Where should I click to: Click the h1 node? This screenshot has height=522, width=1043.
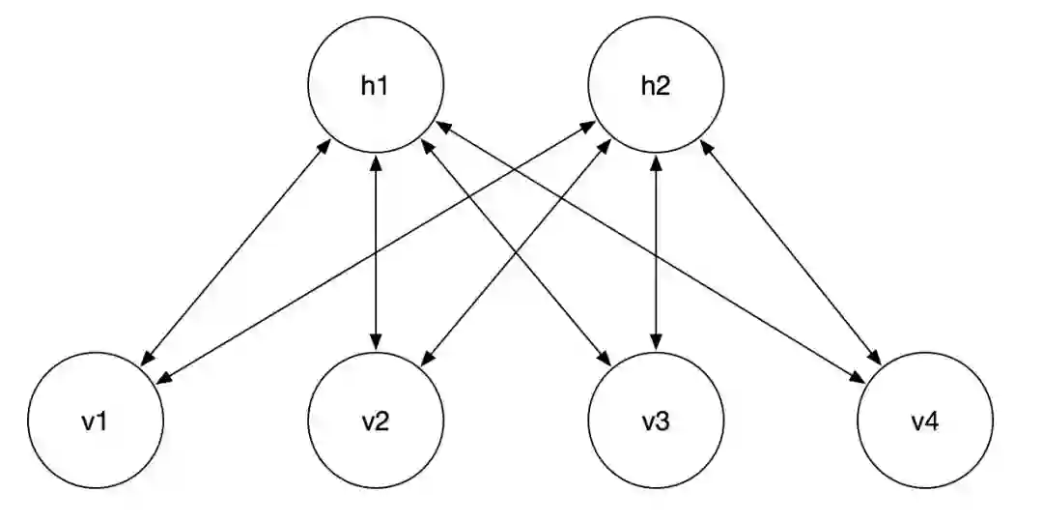tap(375, 85)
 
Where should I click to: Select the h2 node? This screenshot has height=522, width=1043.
tap(656, 85)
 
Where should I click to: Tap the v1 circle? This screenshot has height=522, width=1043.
tap(95, 422)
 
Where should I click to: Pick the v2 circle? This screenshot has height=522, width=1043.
tap(376, 422)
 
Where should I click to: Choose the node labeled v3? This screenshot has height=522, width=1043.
tap(656, 422)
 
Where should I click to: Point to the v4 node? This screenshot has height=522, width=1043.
tap(925, 422)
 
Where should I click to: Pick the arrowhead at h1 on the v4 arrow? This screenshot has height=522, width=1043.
tap(442, 126)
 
